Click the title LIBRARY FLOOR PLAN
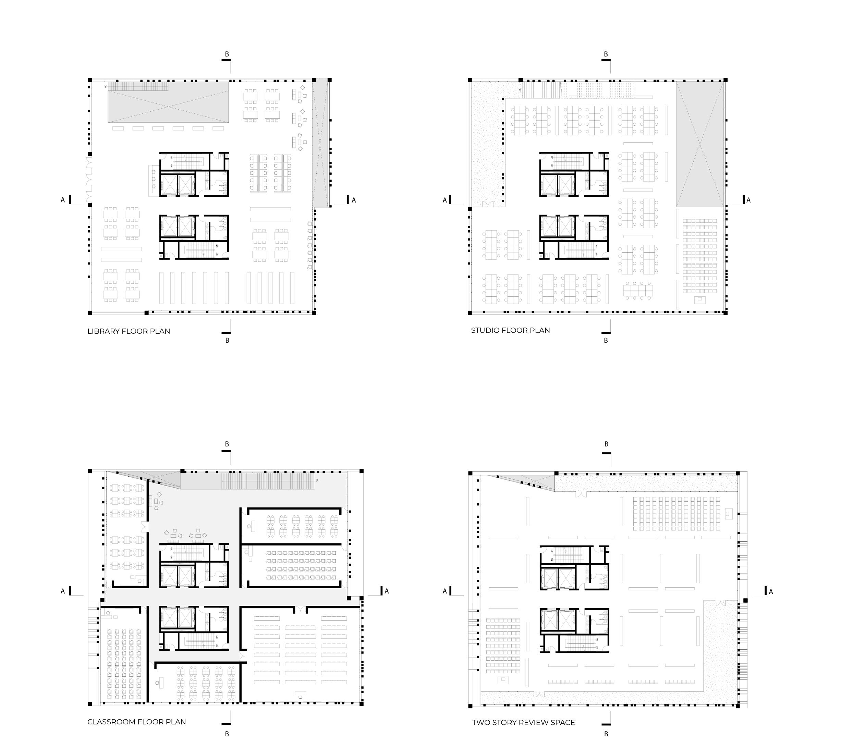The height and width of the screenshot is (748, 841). pyautogui.click(x=129, y=331)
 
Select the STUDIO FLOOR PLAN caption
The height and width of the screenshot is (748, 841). pyautogui.click(x=510, y=330)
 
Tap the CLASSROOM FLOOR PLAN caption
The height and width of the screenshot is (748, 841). pyautogui.click(x=137, y=722)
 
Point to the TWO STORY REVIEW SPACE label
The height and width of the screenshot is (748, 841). pyautogui.click(x=523, y=723)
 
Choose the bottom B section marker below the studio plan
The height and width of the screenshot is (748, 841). pyautogui.click(x=606, y=340)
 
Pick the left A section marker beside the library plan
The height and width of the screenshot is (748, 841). pyautogui.click(x=63, y=200)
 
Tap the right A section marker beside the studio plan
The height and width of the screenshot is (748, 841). pyautogui.click(x=748, y=200)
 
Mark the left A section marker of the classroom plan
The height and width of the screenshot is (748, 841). pyautogui.click(x=63, y=591)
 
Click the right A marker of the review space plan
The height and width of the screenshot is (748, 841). pyautogui.click(x=771, y=592)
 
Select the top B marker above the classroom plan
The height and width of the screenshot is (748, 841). pyautogui.click(x=227, y=444)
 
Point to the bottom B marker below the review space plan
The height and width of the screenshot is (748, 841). pyautogui.click(x=606, y=734)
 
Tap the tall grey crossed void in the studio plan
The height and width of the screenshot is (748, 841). pyautogui.click(x=699, y=144)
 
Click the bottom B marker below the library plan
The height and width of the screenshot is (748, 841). pyautogui.click(x=227, y=340)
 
